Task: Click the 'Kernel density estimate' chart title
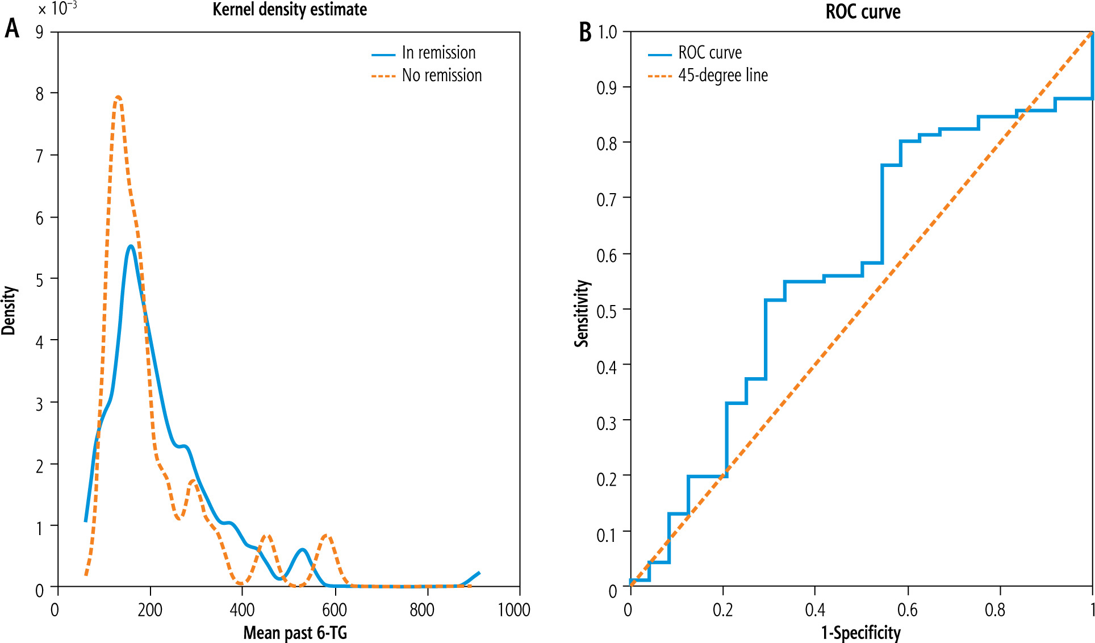click(290, 10)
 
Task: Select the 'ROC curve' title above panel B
click(863, 11)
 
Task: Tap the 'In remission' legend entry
click(438, 53)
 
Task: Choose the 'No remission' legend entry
click(442, 76)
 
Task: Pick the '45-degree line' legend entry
click(723, 76)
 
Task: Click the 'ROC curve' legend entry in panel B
click(710, 53)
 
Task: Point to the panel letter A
click(12, 28)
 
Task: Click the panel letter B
click(585, 32)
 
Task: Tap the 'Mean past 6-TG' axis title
click(295, 633)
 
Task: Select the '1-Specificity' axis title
click(861, 633)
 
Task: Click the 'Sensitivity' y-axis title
click(582, 313)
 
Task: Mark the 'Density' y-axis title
click(9, 310)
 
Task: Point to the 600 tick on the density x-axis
click(335, 610)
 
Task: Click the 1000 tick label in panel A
click(514, 610)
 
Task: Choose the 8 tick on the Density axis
click(40, 94)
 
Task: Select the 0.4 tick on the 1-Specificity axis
click(815, 610)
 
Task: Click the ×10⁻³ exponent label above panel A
click(58, 9)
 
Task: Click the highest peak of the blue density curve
click(131, 246)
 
